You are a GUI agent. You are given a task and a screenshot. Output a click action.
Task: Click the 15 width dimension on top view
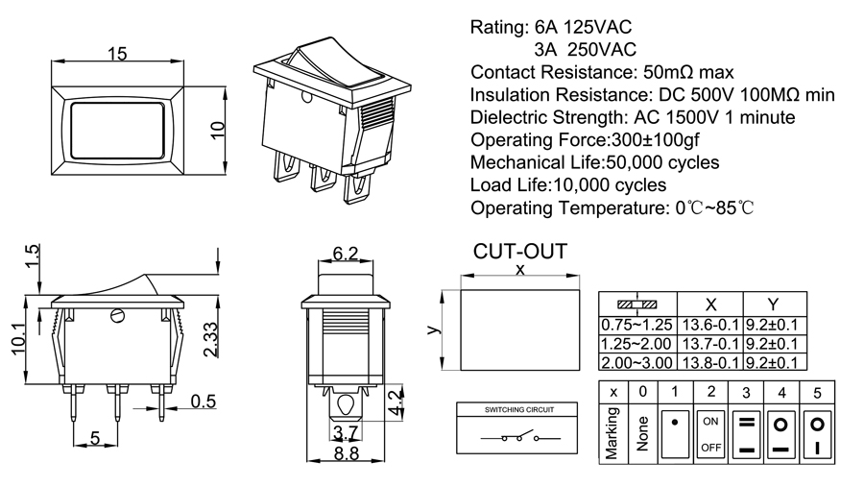pos(118,53)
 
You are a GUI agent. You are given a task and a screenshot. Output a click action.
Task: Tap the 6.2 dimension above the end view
pos(345,254)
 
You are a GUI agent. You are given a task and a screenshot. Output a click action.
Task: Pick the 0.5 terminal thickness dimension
pos(203,401)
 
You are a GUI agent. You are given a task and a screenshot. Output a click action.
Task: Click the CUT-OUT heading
pos(520,252)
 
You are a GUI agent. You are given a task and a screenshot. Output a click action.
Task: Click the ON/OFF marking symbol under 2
pos(711,434)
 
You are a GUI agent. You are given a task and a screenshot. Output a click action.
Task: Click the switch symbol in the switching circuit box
pos(520,439)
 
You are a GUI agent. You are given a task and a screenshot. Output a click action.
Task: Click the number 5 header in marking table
pos(817,392)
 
